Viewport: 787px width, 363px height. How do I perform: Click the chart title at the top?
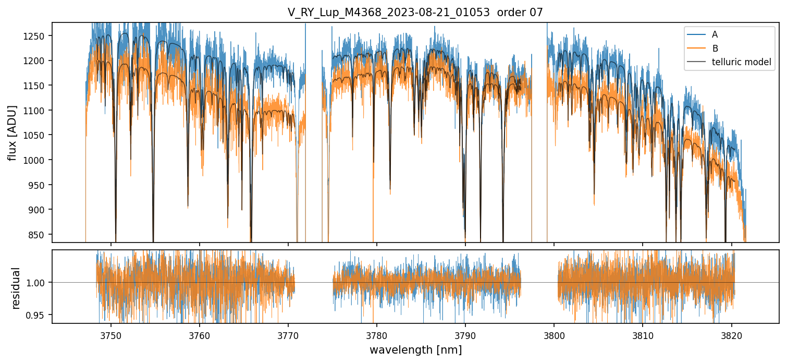coord(415,13)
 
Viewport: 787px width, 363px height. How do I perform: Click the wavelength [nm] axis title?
coord(415,349)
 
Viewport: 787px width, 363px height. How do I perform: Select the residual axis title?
coord(16,288)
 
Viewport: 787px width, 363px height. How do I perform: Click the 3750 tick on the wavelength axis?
coord(110,334)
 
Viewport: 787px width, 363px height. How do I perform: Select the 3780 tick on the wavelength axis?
coord(376,334)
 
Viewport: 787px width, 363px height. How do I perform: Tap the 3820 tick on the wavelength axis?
coord(731,334)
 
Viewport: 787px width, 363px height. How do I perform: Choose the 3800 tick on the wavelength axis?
coord(554,334)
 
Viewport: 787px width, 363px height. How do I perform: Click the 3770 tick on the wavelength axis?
coord(288,334)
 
